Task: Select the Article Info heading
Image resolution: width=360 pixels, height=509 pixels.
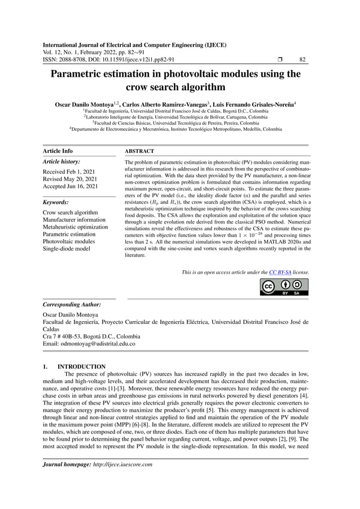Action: pos(58,151)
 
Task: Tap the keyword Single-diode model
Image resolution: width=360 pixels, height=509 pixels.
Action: pos(68,249)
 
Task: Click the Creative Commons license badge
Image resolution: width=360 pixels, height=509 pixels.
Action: pos(284,287)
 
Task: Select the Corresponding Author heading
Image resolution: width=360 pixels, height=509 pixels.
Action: pos(72,304)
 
